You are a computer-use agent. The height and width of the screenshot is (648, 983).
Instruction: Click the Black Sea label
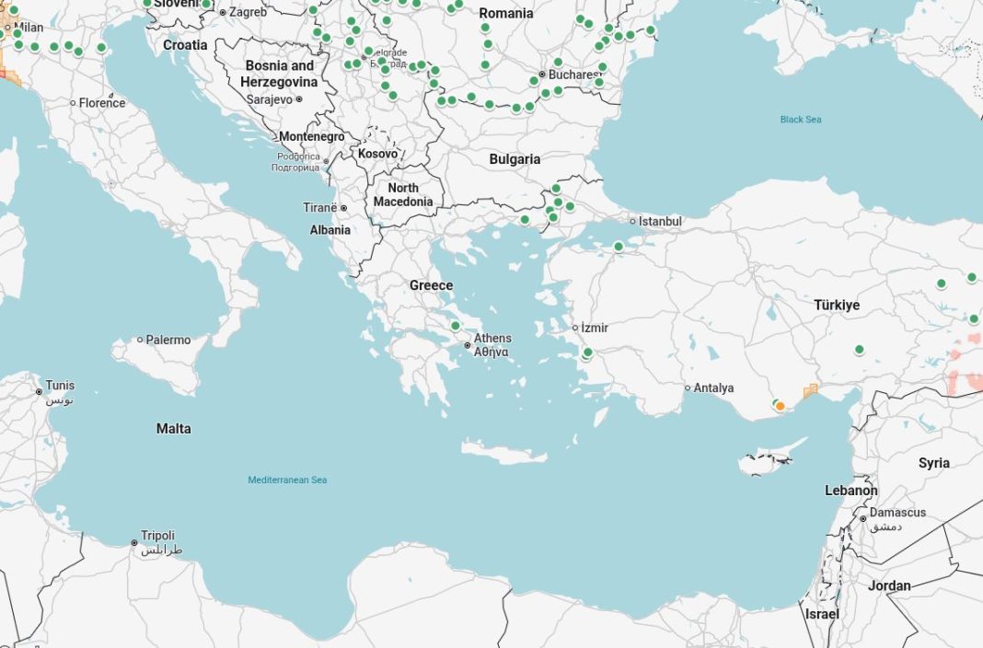point(800,120)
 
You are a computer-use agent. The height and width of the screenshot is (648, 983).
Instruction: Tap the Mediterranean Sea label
point(287,480)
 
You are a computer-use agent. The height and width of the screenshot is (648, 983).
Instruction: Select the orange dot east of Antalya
point(780,406)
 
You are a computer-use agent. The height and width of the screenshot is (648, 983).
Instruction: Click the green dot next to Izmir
point(588,353)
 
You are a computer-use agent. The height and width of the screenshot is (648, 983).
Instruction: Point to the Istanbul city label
point(660,222)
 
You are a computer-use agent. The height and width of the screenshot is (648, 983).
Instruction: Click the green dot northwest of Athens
point(455,326)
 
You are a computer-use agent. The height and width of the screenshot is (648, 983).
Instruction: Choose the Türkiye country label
point(836,305)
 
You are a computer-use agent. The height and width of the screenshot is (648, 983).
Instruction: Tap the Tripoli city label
point(157,536)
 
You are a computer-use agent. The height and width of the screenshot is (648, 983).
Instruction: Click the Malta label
point(174,429)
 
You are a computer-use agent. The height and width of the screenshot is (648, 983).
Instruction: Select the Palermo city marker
point(141,340)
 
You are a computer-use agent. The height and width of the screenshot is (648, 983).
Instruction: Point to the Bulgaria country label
point(515,159)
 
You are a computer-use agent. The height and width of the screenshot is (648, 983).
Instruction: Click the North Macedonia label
point(403,195)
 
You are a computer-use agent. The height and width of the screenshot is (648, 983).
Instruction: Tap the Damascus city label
point(897,513)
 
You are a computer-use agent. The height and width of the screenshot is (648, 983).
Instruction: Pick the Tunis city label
point(60,386)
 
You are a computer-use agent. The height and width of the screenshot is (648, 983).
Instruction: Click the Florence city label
point(101,103)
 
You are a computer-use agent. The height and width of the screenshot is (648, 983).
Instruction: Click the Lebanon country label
point(850,491)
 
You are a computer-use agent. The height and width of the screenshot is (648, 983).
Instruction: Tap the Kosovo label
point(378,154)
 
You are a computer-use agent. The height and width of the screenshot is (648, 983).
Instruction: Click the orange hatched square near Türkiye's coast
point(811,391)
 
